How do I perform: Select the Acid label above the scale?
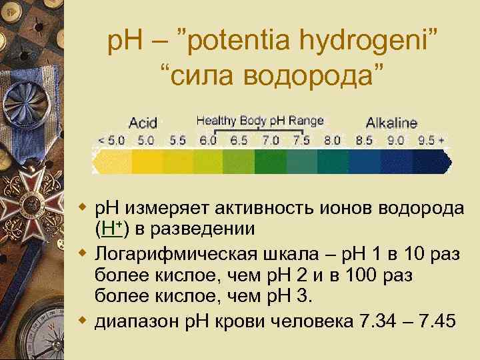click(143, 123)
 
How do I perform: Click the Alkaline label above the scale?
click(391, 123)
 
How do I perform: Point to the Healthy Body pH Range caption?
click(259, 121)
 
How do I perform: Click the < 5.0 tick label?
click(111, 141)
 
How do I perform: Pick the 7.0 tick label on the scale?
click(270, 141)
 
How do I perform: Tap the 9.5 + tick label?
click(431, 141)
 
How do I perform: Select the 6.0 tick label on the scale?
click(207, 141)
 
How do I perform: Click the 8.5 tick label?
click(364, 141)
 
